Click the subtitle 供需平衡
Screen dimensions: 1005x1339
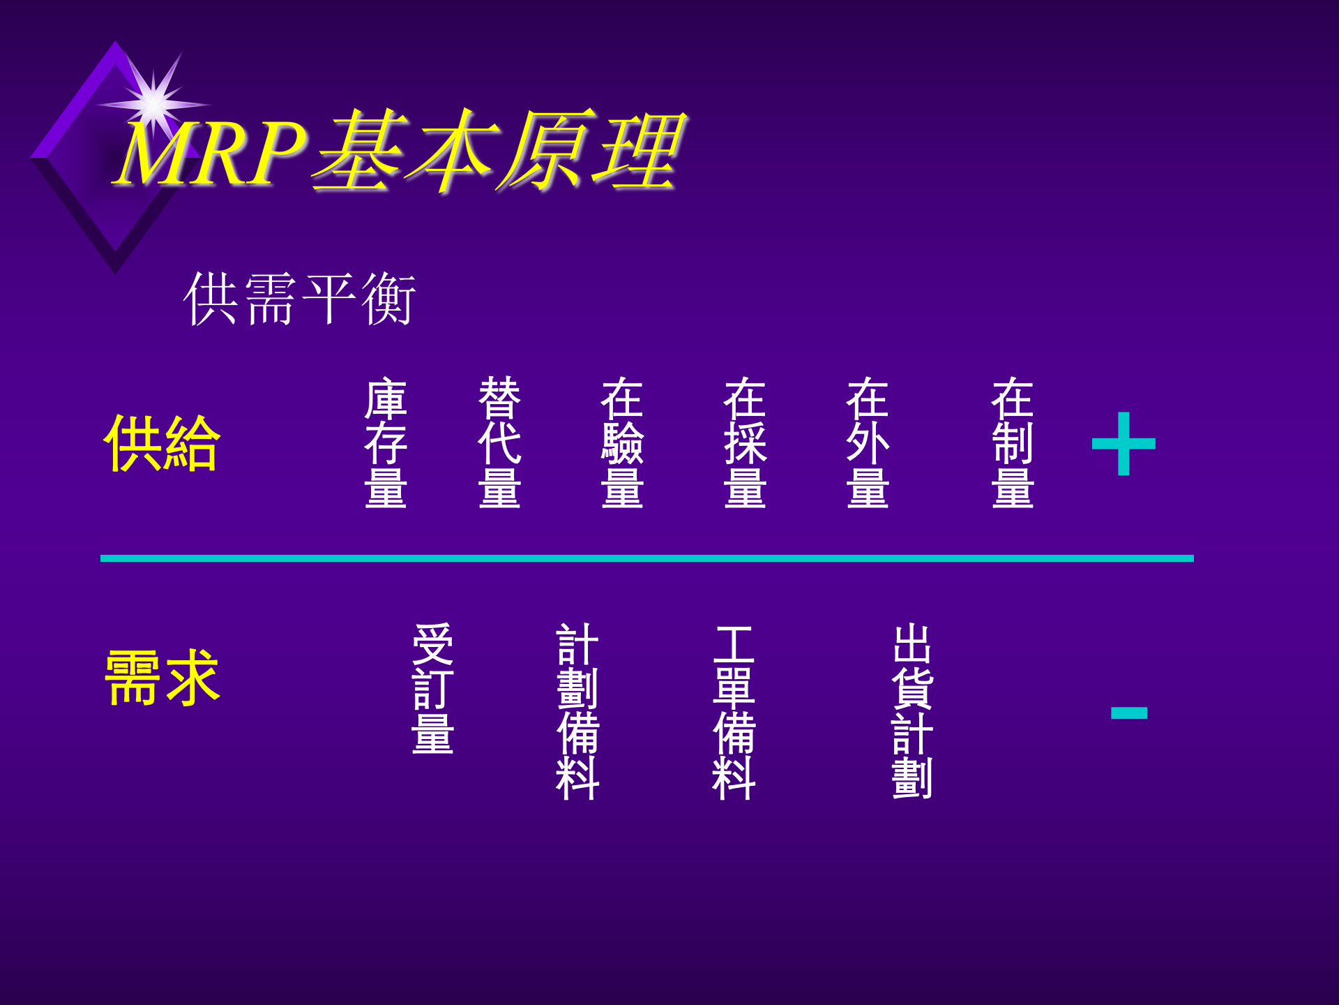[300, 299]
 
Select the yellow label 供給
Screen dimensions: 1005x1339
[162, 443]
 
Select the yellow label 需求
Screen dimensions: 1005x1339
[162, 677]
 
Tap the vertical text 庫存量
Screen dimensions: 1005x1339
[386, 442]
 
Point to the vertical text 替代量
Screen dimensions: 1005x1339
[499, 442]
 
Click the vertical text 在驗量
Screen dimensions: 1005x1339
[622, 442]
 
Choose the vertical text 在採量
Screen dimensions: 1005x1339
[745, 442]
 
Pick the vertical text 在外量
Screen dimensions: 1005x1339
[868, 442]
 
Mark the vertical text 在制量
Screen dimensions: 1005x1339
[1013, 442]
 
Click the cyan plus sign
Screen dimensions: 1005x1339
[1124, 444]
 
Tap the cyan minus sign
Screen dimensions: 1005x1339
[1129, 713]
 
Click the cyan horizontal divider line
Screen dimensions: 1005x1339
[647, 558]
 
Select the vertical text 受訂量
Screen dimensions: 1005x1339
[432, 689]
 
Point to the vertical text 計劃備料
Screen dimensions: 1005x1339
[577, 711]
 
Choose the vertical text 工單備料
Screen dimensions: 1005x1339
[734, 711]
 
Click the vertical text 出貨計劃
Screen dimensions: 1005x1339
[912, 711]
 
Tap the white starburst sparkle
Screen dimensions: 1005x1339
[153, 104]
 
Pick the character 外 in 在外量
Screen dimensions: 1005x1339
[868, 442]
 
